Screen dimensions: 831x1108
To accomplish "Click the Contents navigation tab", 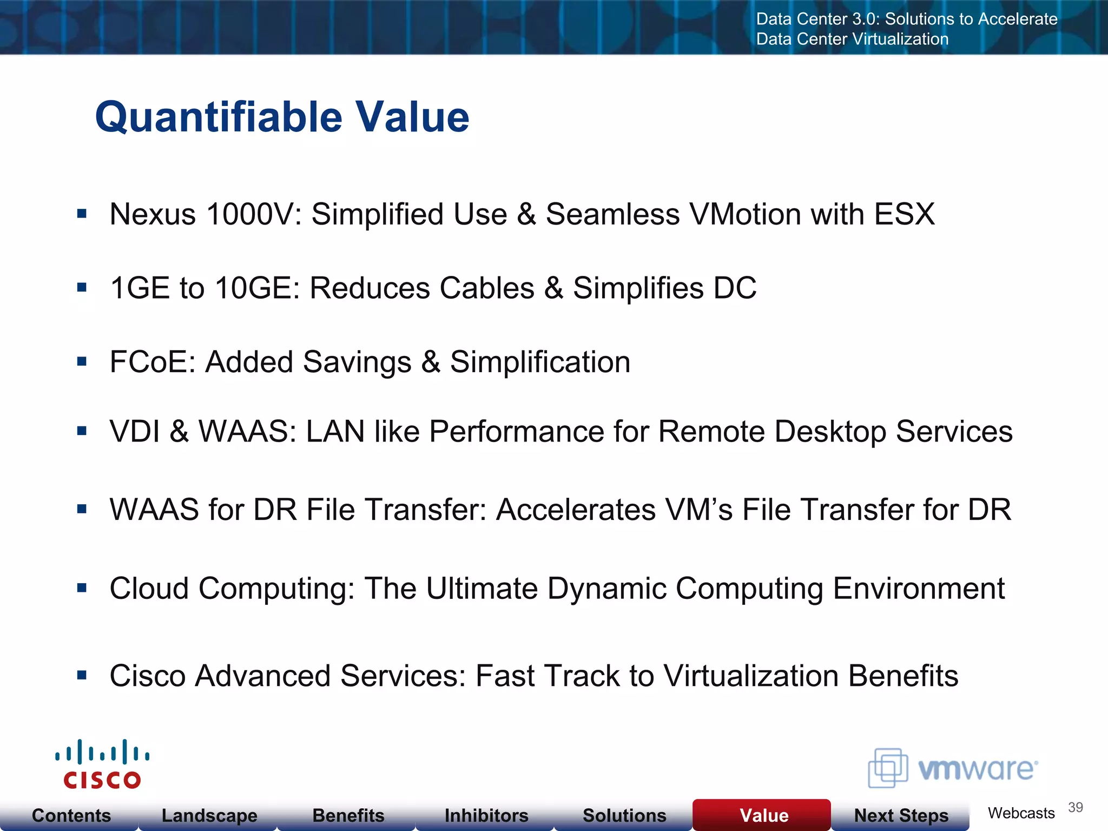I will (x=71, y=815).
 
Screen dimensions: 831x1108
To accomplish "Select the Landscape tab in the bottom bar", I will (x=209, y=815).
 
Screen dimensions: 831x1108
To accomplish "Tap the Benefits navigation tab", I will (x=348, y=815).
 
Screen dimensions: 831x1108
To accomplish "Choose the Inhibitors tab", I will (x=486, y=815).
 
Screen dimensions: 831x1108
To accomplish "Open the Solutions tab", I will (x=624, y=815).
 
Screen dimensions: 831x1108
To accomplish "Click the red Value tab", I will (x=763, y=815).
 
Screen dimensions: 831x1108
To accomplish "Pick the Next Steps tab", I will (x=901, y=815).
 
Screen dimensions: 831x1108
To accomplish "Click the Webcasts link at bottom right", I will (x=1021, y=813).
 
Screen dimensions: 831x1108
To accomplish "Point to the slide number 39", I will (x=1075, y=808).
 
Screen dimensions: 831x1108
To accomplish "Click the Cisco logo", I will (x=102, y=764).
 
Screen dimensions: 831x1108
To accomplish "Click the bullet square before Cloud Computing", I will (x=82, y=588).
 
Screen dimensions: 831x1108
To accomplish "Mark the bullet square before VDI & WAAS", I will (x=82, y=431).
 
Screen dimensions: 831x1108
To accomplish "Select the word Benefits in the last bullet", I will (x=903, y=676).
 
